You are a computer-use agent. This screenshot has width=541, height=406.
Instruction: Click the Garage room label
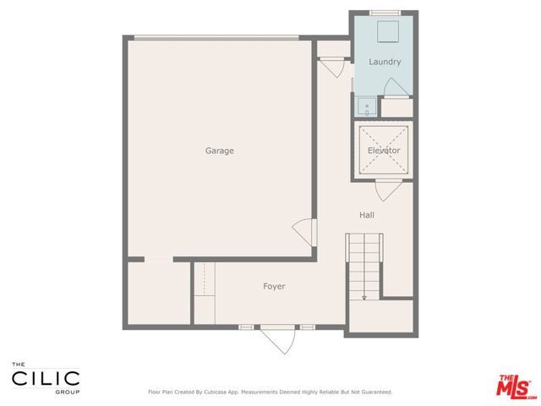[x=219, y=151]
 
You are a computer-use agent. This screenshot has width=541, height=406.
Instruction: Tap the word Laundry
[x=385, y=62]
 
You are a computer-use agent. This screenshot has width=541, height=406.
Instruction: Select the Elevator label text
[x=384, y=151]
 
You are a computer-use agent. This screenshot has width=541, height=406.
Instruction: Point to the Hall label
[x=366, y=215]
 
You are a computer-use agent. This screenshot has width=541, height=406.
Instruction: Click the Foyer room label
[x=274, y=287]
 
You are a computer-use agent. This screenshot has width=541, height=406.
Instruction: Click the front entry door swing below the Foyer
[x=279, y=341]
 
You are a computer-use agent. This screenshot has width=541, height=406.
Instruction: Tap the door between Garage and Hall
[x=305, y=229]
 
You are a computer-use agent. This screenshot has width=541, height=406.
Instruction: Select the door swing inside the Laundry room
[x=392, y=88]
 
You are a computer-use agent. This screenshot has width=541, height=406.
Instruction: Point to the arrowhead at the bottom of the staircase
[x=364, y=298]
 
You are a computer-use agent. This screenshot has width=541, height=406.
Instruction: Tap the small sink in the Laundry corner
[x=367, y=107]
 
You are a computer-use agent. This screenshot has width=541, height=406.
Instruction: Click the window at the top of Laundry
[x=385, y=13]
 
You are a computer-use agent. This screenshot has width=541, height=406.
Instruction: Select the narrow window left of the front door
[x=246, y=326]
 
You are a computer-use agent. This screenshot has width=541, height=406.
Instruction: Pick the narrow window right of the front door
[x=307, y=326]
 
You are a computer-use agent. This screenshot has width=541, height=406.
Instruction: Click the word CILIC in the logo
[x=46, y=378]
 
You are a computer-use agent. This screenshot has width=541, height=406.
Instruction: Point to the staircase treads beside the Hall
[x=364, y=262]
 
